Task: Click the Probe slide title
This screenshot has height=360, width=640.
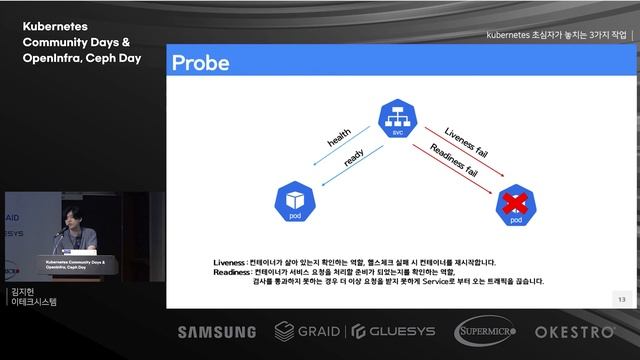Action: coord(201,64)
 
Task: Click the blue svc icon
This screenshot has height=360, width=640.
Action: coord(397,119)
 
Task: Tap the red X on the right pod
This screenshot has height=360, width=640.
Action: coord(516,203)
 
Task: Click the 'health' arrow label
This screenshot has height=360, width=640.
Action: coord(339,141)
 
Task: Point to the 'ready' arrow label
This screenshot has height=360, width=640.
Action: coord(353,159)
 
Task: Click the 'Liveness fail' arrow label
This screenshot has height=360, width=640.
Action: coord(466,142)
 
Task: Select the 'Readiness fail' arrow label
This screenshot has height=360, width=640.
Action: coord(453,159)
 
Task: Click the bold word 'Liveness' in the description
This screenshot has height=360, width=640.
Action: coord(230,263)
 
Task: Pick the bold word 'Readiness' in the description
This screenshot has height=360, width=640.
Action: coord(232,272)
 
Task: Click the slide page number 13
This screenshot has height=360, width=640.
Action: coord(621,299)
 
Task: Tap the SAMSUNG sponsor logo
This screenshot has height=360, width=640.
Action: coord(217,332)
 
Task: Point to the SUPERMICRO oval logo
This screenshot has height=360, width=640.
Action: coord(485,331)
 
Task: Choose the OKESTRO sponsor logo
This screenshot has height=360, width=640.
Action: coord(574,331)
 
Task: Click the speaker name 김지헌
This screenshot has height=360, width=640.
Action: coord(20,291)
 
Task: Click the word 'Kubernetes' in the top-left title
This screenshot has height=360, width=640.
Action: coord(59,27)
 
